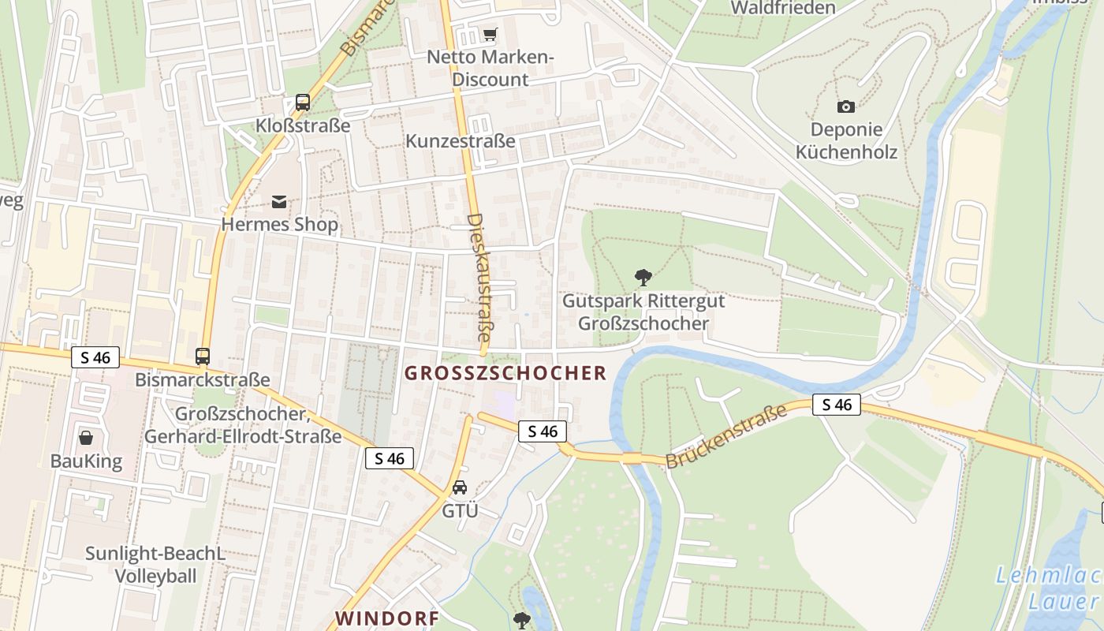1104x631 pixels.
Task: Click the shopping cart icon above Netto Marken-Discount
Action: click(x=490, y=34)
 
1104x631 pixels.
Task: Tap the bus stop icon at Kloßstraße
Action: click(x=303, y=102)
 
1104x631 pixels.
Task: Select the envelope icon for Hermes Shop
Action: click(x=279, y=202)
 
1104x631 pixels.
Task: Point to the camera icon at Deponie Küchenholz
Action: click(x=845, y=106)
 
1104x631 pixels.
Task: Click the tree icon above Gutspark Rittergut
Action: click(x=643, y=278)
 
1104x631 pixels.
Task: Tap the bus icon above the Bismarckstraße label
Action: click(x=203, y=357)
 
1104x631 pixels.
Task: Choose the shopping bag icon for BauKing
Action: click(x=86, y=438)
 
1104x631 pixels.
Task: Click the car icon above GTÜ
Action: click(x=460, y=487)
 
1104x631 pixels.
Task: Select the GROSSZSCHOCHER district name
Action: click(x=505, y=373)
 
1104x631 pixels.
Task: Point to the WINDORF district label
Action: click(x=387, y=618)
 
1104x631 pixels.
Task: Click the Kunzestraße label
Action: click(x=461, y=141)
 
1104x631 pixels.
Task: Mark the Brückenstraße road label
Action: click(x=726, y=436)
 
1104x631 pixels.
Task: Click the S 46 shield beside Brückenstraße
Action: click(x=836, y=405)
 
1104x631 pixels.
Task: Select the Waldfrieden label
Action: click(x=782, y=8)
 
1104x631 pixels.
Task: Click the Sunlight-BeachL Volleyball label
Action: click(x=155, y=565)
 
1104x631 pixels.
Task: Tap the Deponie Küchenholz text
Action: click(x=846, y=140)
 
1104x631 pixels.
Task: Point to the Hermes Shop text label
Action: click(x=279, y=225)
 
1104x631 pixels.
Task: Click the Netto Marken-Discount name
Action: click(x=490, y=69)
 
